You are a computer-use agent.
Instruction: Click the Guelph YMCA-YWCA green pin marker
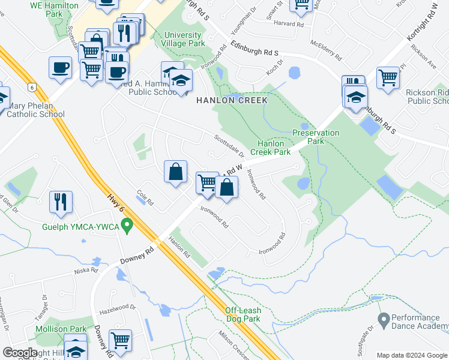[127, 226]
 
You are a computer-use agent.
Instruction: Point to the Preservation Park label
[316, 137]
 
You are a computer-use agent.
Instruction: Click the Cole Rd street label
[145, 198]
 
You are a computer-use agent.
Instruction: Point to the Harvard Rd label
[292, 24]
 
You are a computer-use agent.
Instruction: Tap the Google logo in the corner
[20, 353]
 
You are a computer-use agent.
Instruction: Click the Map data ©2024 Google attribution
[412, 355]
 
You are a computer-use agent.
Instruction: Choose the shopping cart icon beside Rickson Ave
[388, 77]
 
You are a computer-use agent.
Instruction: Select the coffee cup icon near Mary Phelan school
[60, 67]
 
